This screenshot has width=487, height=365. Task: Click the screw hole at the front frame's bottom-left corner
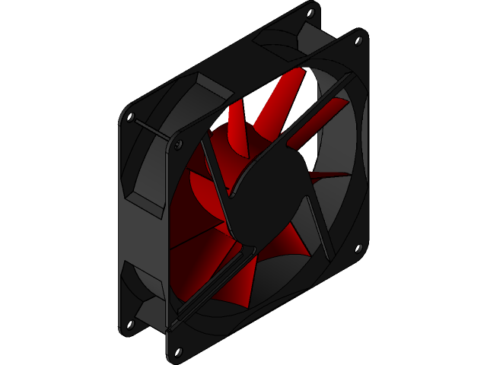(179, 352)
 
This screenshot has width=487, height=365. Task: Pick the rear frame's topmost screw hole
(311, 12)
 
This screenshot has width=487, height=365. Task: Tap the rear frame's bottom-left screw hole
(130, 325)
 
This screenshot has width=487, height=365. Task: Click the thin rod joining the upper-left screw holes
(154, 129)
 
